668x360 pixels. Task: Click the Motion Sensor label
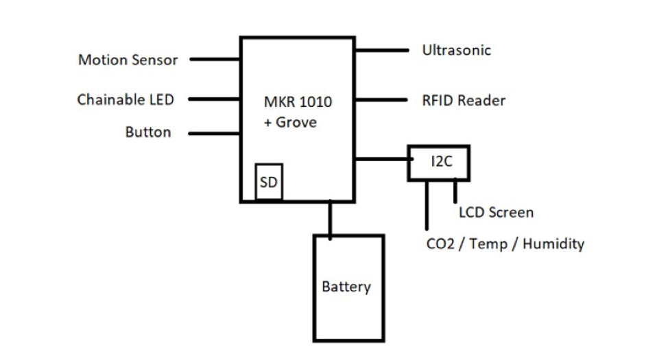click(x=128, y=60)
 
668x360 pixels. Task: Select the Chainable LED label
click(x=126, y=99)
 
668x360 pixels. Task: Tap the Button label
click(x=148, y=132)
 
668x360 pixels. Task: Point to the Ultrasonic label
click(x=457, y=50)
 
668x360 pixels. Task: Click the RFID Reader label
click(x=464, y=100)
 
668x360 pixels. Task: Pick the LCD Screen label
click(x=496, y=213)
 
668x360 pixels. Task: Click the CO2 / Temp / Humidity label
click(x=505, y=243)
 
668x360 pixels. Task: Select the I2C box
click(x=439, y=163)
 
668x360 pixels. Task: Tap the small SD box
click(x=269, y=182)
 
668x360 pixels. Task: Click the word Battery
click(x=346, y=287)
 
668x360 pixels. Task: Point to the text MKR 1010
click(x=298, y=103)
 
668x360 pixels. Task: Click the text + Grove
click(x=290, y=123)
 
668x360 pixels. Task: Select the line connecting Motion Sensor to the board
click(x=215, y=59)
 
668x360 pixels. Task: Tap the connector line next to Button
click(x=215, y=133)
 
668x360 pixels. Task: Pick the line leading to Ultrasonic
click(x=381, y=50)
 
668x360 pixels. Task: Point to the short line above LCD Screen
click(x=455, y=191)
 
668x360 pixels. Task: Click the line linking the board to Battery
click(x=331, y=219)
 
